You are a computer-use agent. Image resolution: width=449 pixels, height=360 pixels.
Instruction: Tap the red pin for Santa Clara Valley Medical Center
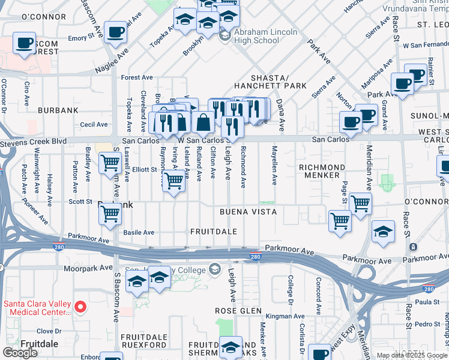click(84, 307)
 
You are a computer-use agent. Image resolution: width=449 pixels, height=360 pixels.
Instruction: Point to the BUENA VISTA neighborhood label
click(248, 212)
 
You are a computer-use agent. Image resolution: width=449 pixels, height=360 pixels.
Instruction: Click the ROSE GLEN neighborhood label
click(238, 311)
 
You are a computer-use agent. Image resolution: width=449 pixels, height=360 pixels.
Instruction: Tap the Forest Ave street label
click(137, 77)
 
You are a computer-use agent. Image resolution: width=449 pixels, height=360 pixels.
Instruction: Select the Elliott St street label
click(144, 170)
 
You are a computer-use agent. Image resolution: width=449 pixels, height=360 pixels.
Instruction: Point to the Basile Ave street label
click(139, 232)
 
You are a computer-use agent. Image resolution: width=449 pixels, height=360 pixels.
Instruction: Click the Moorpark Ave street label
click(88, 268)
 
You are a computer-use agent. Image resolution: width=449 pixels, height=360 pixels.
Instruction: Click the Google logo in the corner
click(20, 353)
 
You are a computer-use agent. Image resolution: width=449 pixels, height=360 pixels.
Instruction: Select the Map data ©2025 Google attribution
click(412, 356)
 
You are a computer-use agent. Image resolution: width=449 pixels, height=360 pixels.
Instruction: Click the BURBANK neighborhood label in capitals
click(58, 110)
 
